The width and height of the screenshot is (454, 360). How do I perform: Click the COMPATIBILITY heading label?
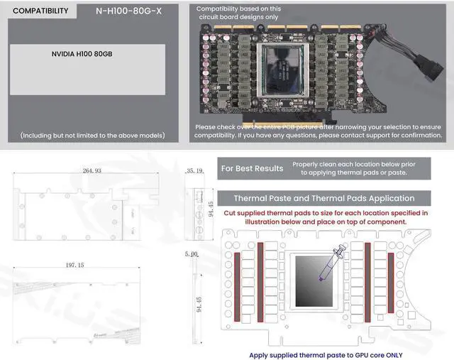click(x=41, y=11)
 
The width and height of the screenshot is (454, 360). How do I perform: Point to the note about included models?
click(x=93, y=135)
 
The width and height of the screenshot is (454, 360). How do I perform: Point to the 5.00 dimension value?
click(x=190, y=253)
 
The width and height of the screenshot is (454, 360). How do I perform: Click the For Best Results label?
click(x=252, y=168)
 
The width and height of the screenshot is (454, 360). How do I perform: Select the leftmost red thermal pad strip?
click(x=237, y=276)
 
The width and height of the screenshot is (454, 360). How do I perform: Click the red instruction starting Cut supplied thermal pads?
click(x=326, y=217)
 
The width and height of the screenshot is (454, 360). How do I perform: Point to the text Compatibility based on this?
click(x=238, y=9)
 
